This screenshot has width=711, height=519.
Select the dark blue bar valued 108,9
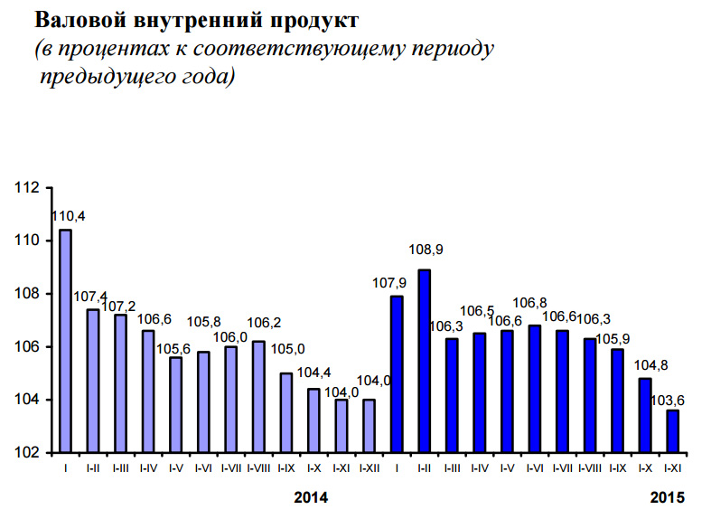[x=424, y=361]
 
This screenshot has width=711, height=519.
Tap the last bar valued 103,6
[x=671, y=430]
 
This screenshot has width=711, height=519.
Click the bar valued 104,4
[x=313, y=420]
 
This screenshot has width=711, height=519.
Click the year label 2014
[x=313, y=497]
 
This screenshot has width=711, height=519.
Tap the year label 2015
[x=669, y=497]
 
